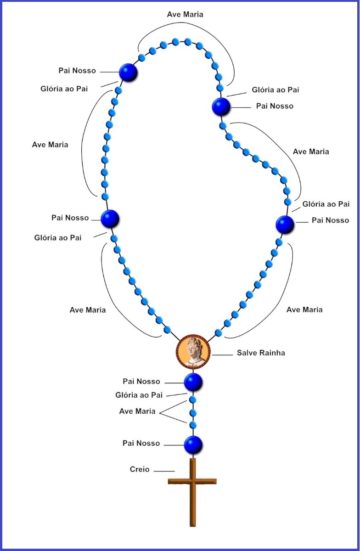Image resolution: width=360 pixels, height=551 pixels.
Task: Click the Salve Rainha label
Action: point(261,353)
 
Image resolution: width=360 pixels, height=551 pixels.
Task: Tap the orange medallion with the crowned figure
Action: point(193,352)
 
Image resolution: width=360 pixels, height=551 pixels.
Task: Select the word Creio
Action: point(140,469)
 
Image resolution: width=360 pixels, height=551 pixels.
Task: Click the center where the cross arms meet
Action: point(193,481)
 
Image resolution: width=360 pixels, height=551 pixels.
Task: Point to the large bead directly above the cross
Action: point(193,445)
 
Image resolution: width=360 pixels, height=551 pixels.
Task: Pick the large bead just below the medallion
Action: point(193,382)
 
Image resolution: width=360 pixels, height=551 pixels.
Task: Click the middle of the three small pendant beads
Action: point(193,412)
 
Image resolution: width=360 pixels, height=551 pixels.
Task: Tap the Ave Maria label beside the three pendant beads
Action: point(137,411)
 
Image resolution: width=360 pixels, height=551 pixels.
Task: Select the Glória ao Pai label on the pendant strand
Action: point(139,395)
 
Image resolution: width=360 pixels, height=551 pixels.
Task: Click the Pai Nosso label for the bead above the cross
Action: point(141,443)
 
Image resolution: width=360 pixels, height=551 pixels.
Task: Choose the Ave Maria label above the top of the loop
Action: point(185,15)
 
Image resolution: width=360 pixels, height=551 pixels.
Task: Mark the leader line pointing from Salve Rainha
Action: point(222,354)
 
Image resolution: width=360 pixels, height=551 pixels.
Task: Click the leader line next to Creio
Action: point(164,471)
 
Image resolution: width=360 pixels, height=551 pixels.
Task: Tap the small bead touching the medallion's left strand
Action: point(167,329)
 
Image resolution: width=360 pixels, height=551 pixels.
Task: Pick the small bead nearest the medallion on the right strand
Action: point(218,333)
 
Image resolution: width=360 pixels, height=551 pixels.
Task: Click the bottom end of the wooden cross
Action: point(193,526)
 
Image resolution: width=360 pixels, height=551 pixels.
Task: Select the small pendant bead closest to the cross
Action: point(193,425)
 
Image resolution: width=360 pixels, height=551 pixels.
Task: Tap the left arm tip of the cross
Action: point(169,481)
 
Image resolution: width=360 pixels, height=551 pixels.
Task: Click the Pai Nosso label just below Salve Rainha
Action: point(141,382)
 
